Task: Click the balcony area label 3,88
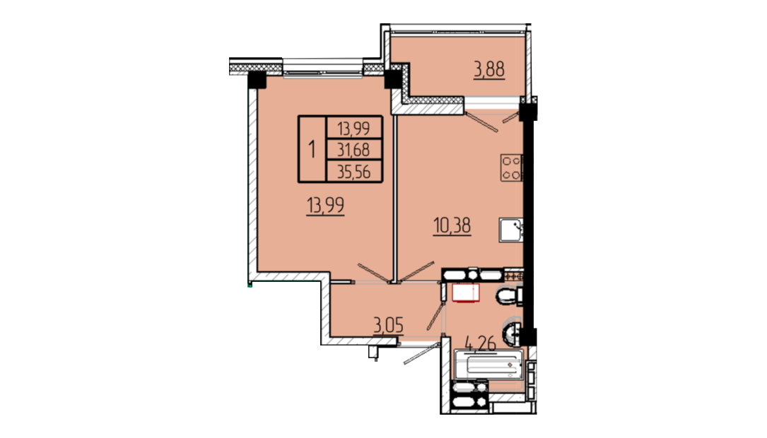pyautogui.click(x=488, y=69)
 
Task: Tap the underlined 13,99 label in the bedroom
pyautogui.click(x=325, y=206)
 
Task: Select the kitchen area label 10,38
pyautogui.click(x=452, y=226)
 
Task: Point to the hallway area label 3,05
pyautogui.click(x=388, y=324)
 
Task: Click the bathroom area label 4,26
pyautogui.click(x=481, y=343)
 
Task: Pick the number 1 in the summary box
pyautogui.click(x=312, y=149)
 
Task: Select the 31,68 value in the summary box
pyautogui.click(x=353, y=150)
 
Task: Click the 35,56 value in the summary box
pyautogui.click(x=353, y=172)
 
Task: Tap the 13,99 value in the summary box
pyautogui.click(x=353, y=129)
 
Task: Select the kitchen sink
pyautogui.click(x=511, y=230)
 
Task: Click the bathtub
pyautogui.click(x=489, y=365)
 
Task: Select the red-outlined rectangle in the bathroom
pyautogui.click(x=466, y=293)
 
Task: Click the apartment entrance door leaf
pyautogui.click(x=421, y=354)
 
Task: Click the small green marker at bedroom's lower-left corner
pyautogui.click(x=250, y=285)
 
